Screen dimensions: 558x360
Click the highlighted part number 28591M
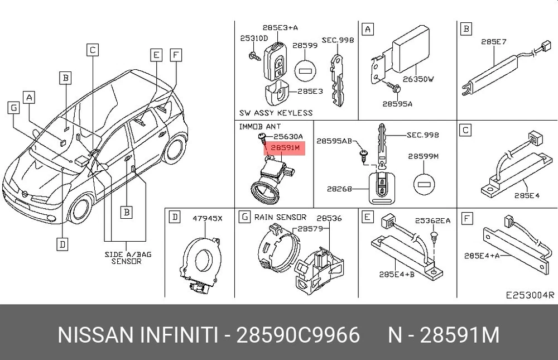[285, 147]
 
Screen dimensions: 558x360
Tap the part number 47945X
[208, 218]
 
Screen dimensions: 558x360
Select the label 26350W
[418, 79]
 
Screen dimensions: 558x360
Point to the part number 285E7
[494, 42]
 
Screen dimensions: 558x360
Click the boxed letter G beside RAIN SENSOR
[244, 217]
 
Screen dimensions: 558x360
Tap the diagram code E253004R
[530, 295]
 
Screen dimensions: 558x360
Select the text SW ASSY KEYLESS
[276, 113]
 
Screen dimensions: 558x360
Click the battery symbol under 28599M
[424, 184]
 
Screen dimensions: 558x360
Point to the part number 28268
[339, 189]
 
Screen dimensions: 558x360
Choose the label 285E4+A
[482, 255]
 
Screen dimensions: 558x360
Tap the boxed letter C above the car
[93, 50]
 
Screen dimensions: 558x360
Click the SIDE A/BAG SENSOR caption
[128, 258]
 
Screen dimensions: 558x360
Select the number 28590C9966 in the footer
[298, 335]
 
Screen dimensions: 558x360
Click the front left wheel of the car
[81, 209]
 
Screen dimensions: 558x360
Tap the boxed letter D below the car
[62, 244]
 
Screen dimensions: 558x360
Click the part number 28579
[310, 228]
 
